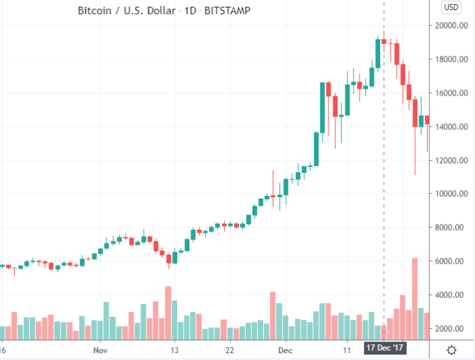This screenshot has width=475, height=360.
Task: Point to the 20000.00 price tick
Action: (451, 26)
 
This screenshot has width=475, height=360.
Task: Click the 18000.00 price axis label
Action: (451, 60)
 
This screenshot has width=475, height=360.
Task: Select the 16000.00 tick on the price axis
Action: (451, 93)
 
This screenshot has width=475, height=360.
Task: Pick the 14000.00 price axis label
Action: (451, 127)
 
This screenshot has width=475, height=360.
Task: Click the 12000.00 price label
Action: (451, 161)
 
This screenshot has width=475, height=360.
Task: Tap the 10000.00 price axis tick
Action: (451, 194)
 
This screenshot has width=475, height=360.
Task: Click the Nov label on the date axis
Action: (100, 350)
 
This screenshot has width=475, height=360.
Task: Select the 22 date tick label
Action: (230, 350)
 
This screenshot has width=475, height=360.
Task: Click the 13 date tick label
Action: (174, 350)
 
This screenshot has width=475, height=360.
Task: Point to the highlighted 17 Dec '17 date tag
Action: (384, 347)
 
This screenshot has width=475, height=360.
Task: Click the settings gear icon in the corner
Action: (451, 350)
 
